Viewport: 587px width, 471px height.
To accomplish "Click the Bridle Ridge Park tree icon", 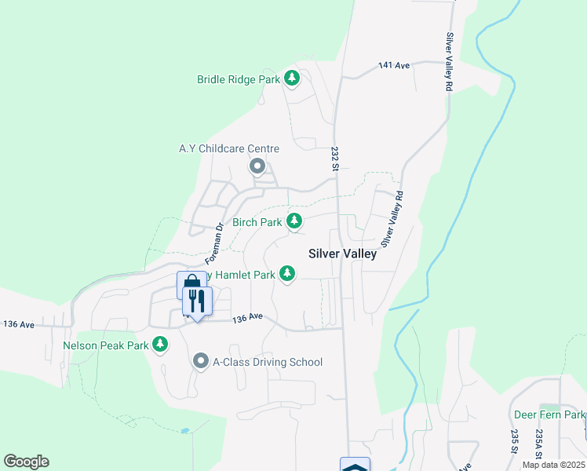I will point(292,78).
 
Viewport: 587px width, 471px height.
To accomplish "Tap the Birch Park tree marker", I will point(294,221).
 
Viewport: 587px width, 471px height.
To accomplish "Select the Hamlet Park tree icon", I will point(287,273).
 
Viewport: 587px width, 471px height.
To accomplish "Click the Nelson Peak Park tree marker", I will point(160,344).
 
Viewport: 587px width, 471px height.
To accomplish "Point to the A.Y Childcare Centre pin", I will point(257,166).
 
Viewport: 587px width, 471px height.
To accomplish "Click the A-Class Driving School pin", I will point(200,361).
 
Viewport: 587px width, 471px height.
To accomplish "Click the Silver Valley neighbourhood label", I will point(342,254).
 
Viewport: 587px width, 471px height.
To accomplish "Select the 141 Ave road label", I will point(394,66).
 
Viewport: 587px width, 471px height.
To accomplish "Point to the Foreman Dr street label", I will point(215,243).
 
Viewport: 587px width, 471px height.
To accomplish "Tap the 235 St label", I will point(514,442).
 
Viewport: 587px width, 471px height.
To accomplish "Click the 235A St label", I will point(539,444).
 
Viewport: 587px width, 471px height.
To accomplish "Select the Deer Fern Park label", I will point(549,414).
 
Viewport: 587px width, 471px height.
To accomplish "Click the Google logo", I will point(26,462).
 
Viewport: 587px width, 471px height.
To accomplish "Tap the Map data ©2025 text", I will point(554,465).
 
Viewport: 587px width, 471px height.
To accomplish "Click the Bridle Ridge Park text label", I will point(239,79).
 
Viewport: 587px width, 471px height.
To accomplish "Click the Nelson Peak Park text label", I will point(106,345).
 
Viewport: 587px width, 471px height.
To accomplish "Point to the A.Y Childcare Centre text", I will point(228,148).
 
